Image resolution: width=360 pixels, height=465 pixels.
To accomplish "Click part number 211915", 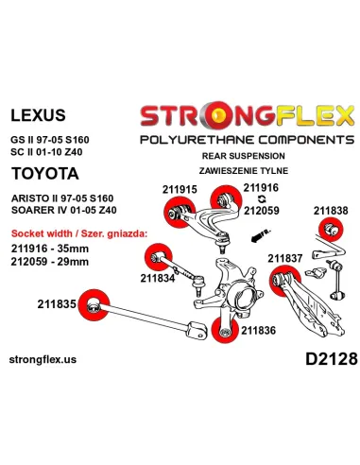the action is [x=180, y=189].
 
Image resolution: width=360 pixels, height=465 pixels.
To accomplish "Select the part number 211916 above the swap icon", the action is [x=261, y=188].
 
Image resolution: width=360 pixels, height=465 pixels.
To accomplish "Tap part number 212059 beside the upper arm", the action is [x=262, y=210].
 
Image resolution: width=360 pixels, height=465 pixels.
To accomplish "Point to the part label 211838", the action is [x=331, y=211].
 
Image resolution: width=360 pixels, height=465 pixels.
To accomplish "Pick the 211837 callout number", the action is [x=285, y=258].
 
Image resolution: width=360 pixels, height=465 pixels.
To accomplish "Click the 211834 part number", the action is [x=158, y=278].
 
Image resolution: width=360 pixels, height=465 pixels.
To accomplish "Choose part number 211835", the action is [x=57, y=304].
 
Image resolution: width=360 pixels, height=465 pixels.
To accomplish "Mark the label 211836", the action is [x=258, y=330].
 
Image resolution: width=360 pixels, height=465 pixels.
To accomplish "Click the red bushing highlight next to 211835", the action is [x=94, y=305].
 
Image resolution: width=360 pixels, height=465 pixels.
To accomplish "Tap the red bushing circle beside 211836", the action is [x=225, y=330].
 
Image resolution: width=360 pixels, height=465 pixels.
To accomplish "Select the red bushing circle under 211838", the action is [x=331, y=229].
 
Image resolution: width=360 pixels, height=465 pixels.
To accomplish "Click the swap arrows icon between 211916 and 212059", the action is [x=262, y=199].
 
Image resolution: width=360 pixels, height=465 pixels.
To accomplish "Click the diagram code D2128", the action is [x=332, y=359].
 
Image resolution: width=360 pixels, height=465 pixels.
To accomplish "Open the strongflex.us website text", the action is [x=43, y=359].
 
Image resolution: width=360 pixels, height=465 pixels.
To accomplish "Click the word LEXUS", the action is [x=38, y=115].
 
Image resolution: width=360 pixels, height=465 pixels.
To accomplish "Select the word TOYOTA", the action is [x=45, y=174].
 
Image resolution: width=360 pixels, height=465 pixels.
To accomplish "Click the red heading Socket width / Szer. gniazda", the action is [x=79, y=233].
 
